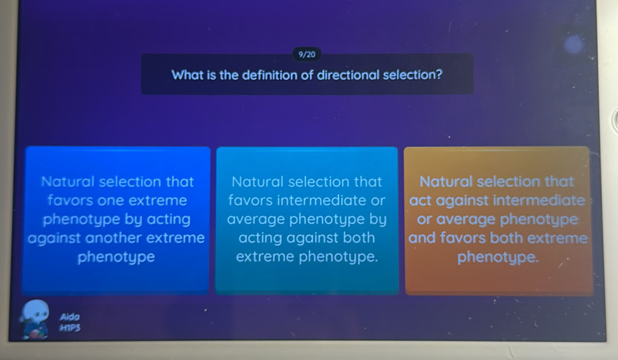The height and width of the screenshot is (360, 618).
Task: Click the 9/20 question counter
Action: pyautogui.click(x=307, y=54)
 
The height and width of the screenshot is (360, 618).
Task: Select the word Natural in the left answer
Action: pyautogui.click(x=68, y=181)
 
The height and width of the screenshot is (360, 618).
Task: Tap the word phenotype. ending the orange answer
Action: pyautogui.click(x=498, y=257)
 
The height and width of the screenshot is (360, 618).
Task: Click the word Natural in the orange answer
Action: pyautogui.click(x=446, y=181)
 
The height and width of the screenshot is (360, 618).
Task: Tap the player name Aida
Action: pyautogui.click(x=70, y=316)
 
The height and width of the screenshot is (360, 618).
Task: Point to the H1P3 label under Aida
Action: pyautogui.click(x=70, y=327)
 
